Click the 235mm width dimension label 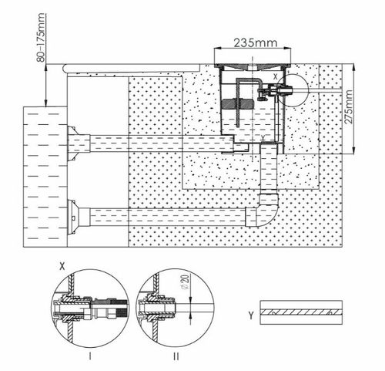click(256, 42)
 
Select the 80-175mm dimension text click(41, 38)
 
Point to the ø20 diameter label click(186, 282)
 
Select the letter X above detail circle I click(62, 266)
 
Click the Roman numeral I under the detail click(90, 356)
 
